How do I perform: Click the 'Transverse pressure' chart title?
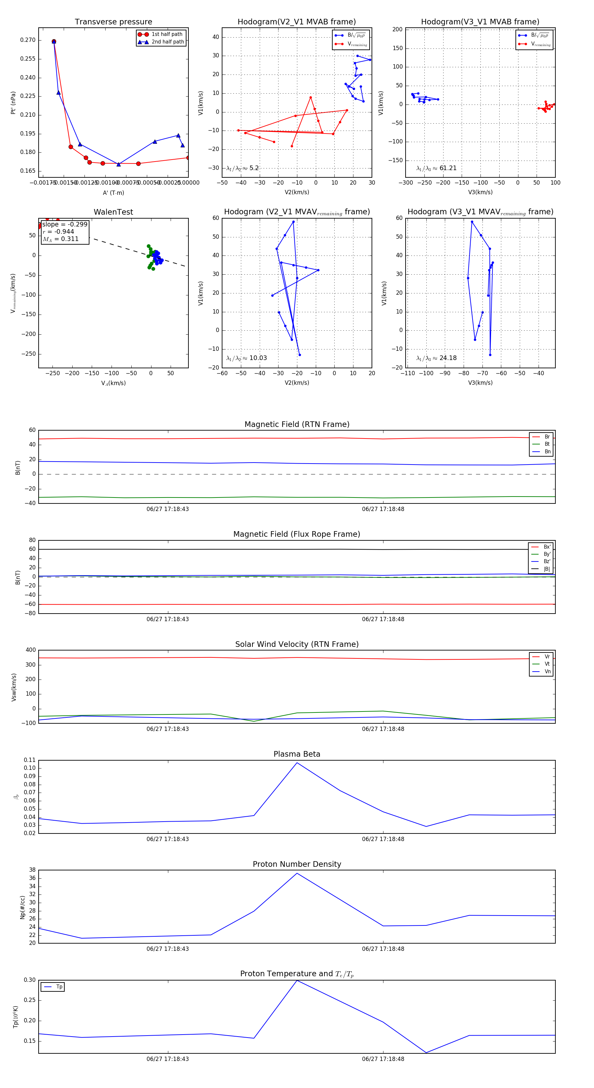[x=113, y=22]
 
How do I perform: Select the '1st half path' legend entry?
[x=167, y=34]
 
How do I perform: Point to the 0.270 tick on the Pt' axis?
[x=28, y=40]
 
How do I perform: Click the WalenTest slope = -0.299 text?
[x=65, y=224]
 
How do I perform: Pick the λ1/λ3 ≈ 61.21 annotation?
[x=436, y=168]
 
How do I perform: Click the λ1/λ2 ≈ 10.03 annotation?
[x=247, y=358]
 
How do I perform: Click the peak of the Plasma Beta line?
[x=297, y=763]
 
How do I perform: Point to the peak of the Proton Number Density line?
[x=297, y=873]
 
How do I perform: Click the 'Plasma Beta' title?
[x=297, y=754]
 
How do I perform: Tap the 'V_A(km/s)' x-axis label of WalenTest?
[x=113, y=383]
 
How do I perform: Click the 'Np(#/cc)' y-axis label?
[x=23, y=907]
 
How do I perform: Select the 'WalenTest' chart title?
[x=113, y=212]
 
